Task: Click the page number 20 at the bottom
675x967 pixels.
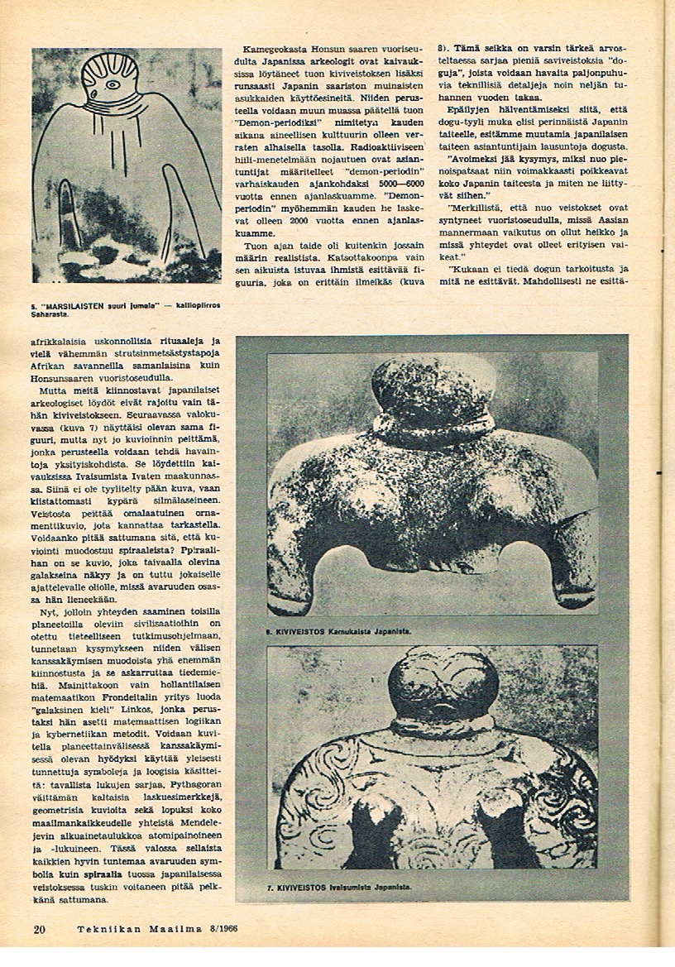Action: pyautogui.click(x=39, y=929)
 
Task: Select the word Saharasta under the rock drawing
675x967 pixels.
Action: pyautogui.click(x=50, y=315)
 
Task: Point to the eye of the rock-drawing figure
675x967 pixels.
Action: pyautogui.click(x=109, y=84)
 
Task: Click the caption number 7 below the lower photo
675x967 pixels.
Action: pyautogui.click(x=270, y=888)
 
